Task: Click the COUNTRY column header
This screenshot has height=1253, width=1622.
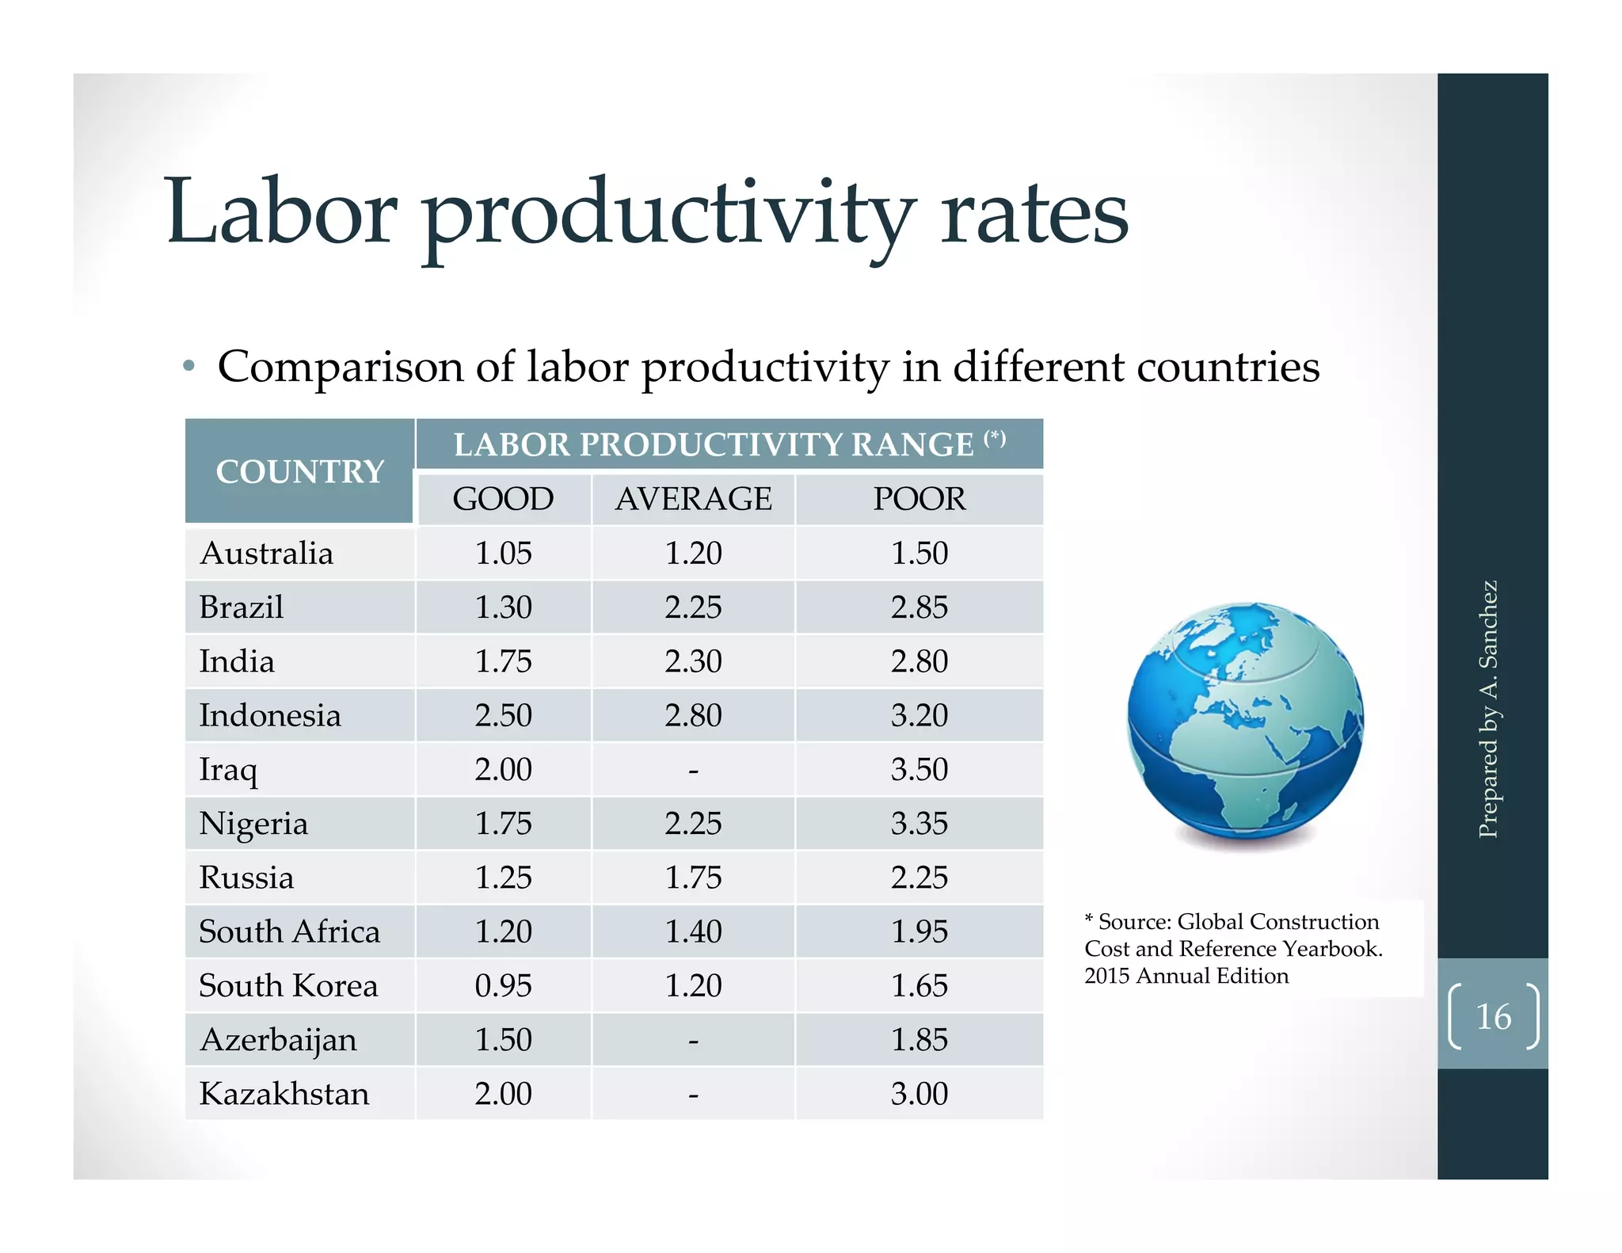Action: coord(299,472)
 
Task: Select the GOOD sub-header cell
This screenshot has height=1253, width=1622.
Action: coord(503,499)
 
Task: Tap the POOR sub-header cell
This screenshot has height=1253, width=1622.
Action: coord(919,499)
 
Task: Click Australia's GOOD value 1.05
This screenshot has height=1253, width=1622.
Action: coord(503,553)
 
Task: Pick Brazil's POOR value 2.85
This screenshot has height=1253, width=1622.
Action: coord(919,607)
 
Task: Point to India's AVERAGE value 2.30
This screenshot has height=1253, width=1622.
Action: coord(693,661)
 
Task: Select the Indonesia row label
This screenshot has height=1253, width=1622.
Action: coord(270,715)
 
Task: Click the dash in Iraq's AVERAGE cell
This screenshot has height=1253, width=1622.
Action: coord(693,770)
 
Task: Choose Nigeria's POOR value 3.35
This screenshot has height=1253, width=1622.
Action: coord(919,824)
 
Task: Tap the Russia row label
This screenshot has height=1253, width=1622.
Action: coord(246,878)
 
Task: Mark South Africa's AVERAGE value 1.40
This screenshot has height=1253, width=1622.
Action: coord(693,931)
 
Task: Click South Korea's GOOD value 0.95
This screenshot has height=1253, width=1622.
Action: coord(503,986)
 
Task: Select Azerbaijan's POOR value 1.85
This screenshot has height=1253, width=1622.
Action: coord(919,1040)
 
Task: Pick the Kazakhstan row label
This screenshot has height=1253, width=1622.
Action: coord(284,1094)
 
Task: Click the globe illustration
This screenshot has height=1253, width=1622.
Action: coord(1245,721)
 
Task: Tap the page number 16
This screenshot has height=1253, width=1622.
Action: coord(1493,1017)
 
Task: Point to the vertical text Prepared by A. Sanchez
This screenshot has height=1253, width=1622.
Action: coord(1488,709)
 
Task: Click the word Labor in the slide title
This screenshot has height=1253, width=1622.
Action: coord(281,212)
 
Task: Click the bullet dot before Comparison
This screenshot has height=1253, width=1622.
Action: coord(188,367)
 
